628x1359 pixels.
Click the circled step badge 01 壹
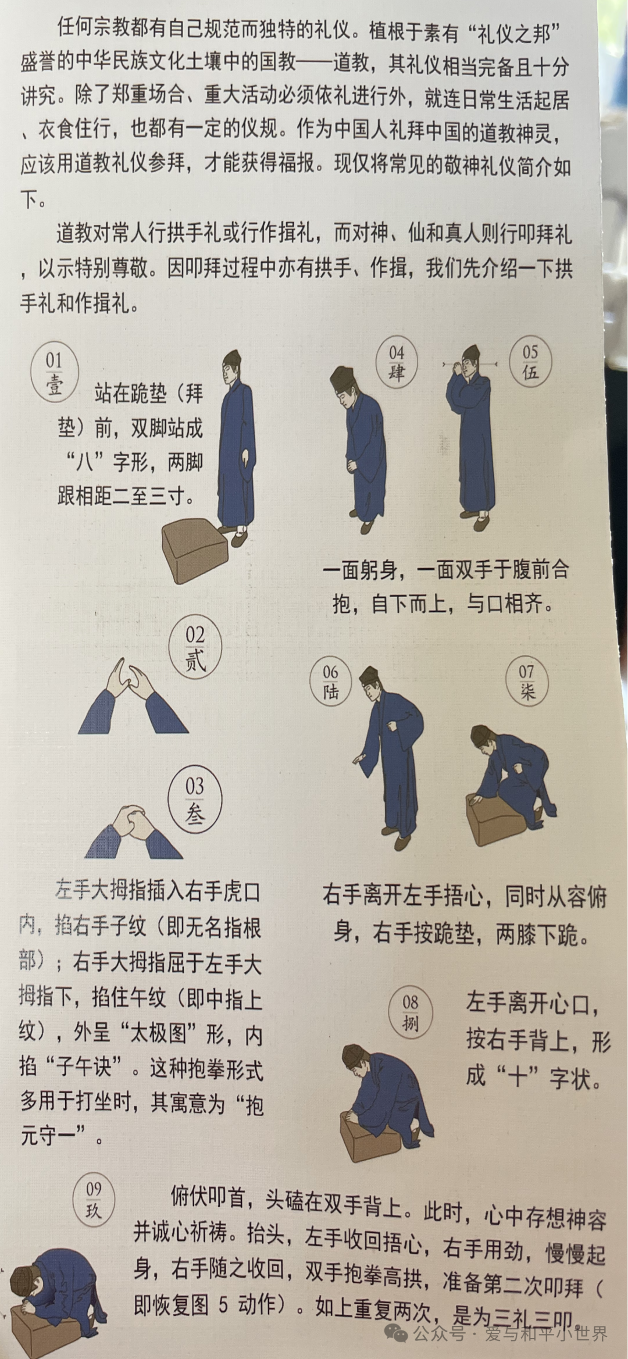(x=55, y=372)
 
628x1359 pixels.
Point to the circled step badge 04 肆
(x=397, y=362)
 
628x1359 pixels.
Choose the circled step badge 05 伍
(x=530, y=362)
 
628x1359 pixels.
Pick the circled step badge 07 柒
(x=527, y=681)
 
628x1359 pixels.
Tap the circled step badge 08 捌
(x=411, y=1012)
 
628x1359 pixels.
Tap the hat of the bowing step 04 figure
(x=342, y=377)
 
